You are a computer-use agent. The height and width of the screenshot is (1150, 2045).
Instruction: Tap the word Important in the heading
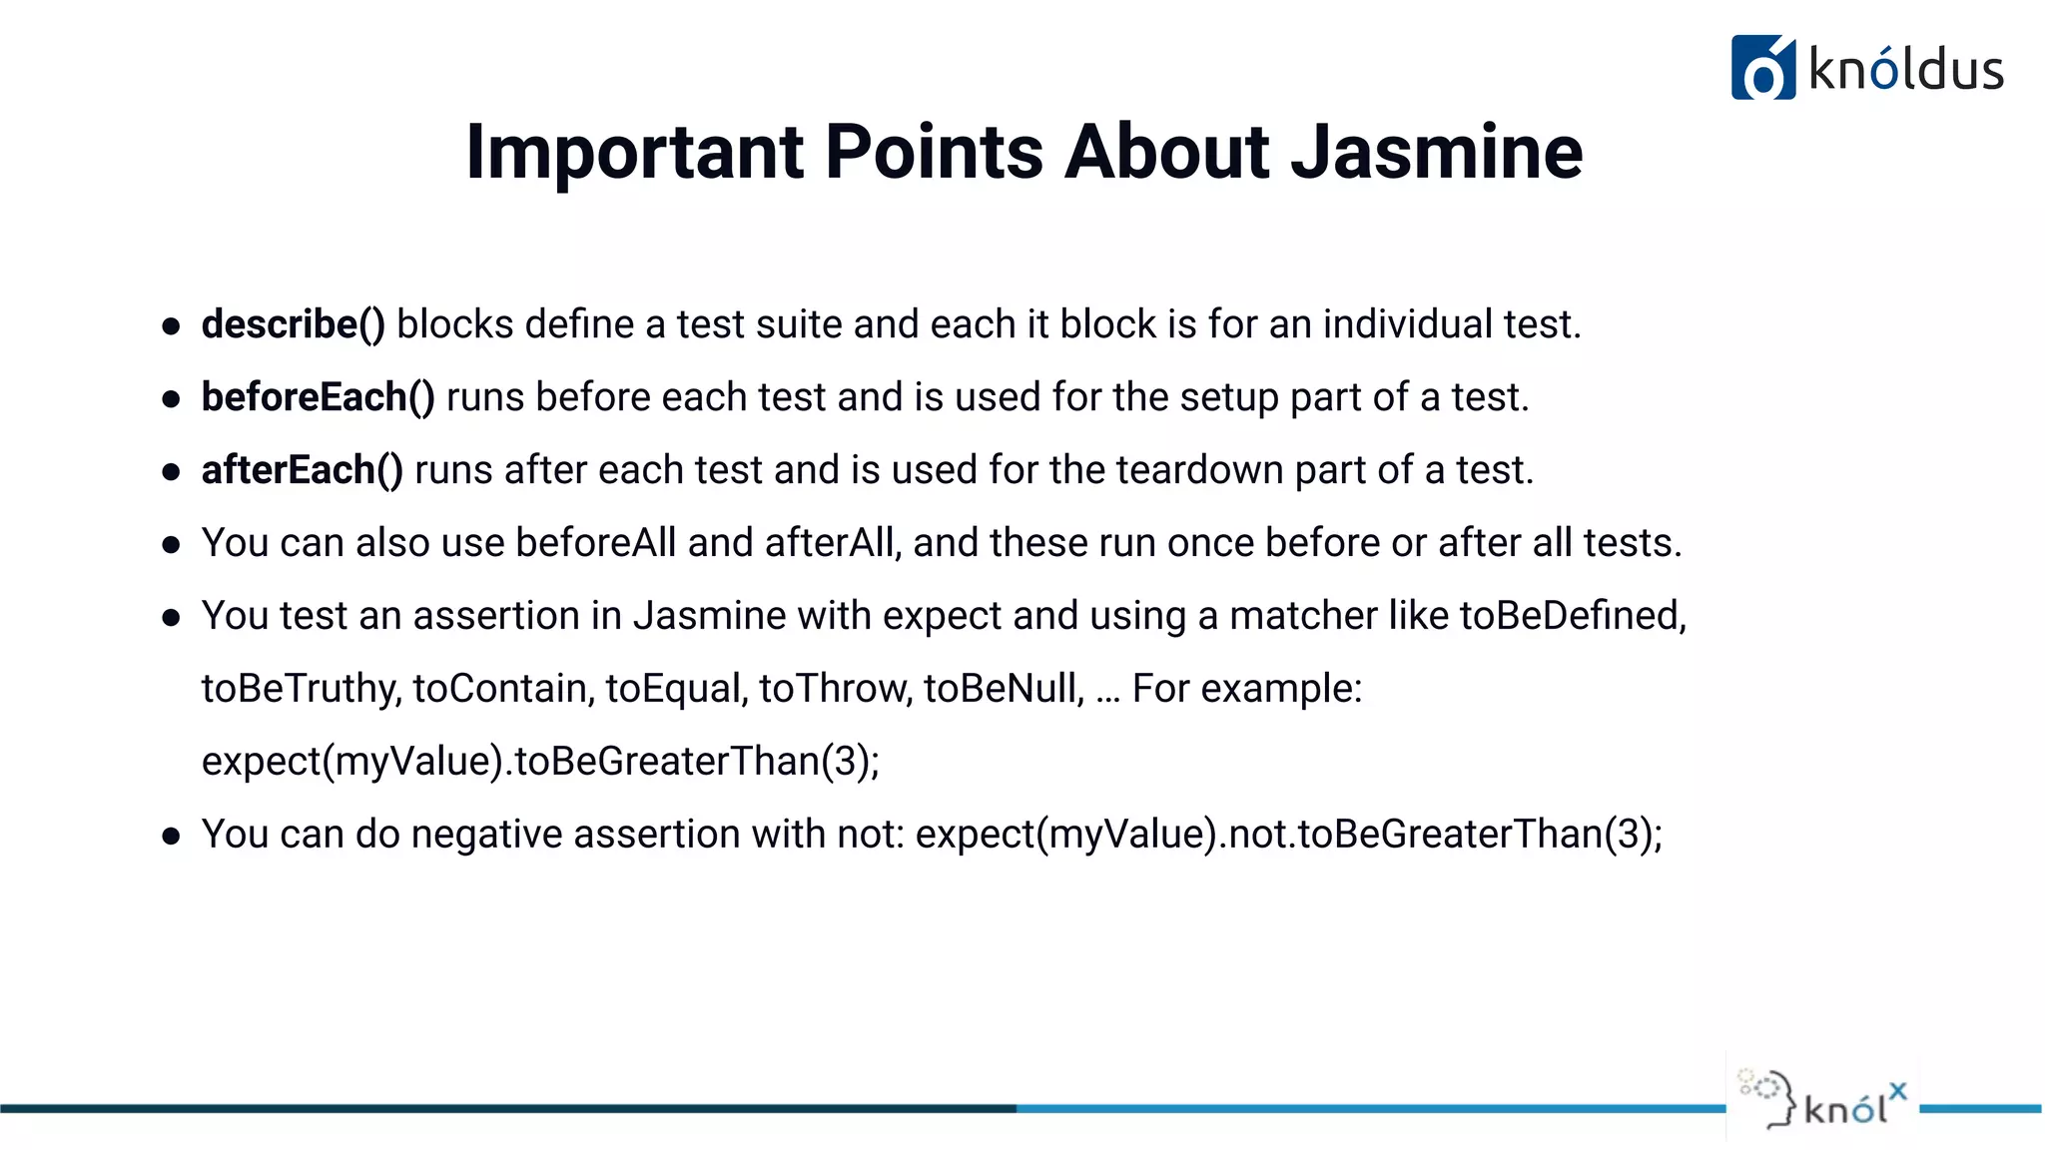click(x=635, y=152)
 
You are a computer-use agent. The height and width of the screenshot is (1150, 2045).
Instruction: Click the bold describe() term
click(x=293, y=324)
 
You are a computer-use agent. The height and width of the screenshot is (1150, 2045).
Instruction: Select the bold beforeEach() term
click(x=318, y=397)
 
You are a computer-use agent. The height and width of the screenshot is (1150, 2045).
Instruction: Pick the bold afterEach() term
click(x=302, y=470)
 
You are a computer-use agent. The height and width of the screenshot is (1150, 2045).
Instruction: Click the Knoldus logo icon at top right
click(x=1762, y=68)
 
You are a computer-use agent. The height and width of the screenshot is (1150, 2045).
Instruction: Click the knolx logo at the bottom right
click(x=1823, y=1101)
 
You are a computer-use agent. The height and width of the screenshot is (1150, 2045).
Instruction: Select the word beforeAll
click(x=595, y=543)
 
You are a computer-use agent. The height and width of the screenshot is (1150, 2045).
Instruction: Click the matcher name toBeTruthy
click(x=301, y=689)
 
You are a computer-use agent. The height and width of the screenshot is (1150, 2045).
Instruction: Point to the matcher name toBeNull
click(x=1003, y=689)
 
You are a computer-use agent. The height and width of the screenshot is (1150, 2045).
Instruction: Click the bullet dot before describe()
click(x=171, y=326)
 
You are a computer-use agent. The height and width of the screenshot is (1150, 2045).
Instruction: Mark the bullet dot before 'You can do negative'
click(x=171, y=836)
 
